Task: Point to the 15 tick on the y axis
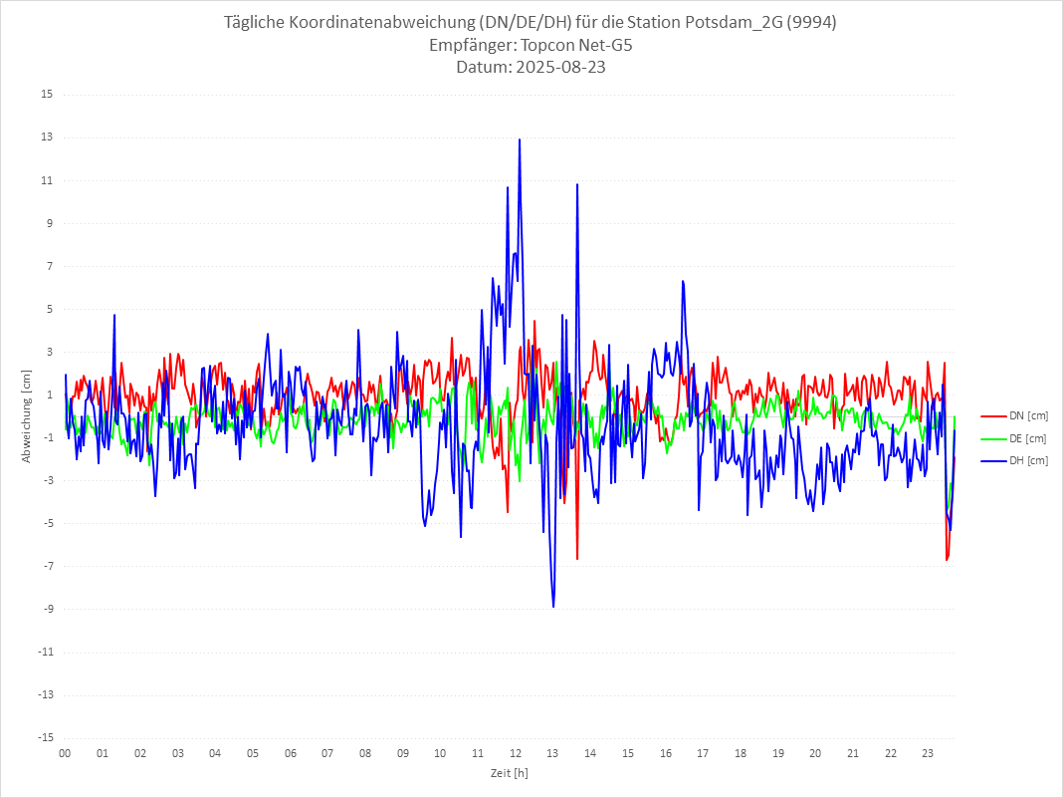47,95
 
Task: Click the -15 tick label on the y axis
45,737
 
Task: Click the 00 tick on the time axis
65,753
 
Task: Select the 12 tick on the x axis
516,753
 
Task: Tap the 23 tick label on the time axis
929,753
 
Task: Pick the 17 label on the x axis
703,753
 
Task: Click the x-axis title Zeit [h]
509,772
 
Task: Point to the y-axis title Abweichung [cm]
26,416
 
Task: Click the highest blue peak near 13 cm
520,139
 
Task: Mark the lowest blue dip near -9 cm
553,607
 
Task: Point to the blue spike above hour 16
683,281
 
